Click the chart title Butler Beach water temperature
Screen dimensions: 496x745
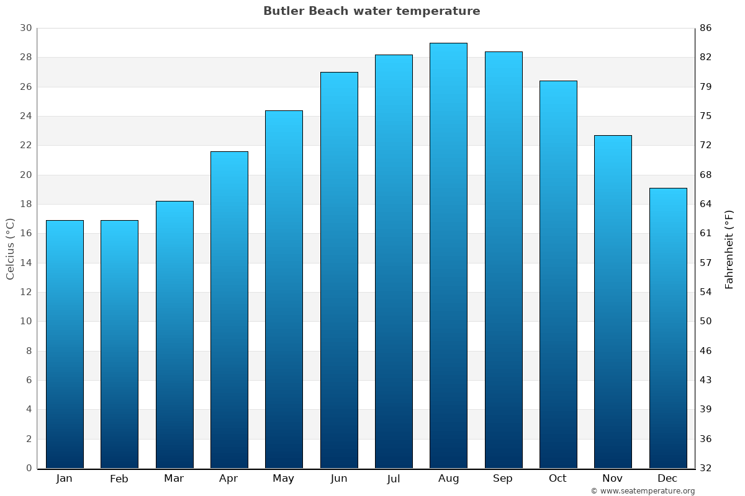click(x=371, y=11)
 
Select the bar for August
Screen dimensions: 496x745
click(x=448, y=255)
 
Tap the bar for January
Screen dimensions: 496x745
click(x=65, y=344)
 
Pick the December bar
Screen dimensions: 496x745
click(x=667, y=328)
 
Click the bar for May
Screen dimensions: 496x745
click(x=284, y=289)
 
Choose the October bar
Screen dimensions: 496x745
click(x=558, y=274)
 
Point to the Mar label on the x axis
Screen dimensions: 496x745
click(x=174, y=479)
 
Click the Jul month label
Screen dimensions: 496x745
click(x=393, y=479)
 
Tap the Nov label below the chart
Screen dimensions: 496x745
click(x=612, y=479)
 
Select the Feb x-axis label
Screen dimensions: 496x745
click(x=119, y=479)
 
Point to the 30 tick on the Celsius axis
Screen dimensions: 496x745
click(x=25, y=28)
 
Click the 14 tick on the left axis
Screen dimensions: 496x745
click(x=25, y=263)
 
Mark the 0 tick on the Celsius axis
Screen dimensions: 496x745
click(x=29, y=468)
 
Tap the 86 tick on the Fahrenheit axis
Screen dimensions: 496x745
click(x=706, y=28)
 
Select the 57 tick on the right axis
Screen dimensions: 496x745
click(x=706, y=263)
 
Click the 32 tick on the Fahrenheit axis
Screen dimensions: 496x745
click(x=706, y=468)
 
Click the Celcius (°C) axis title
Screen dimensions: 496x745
click(x=10, y=249)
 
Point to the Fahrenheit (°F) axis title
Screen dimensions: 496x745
click(x=729, y=249)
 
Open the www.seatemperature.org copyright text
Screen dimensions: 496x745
click(x=643, y=491)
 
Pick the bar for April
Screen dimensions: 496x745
click(x=229, y=309)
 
